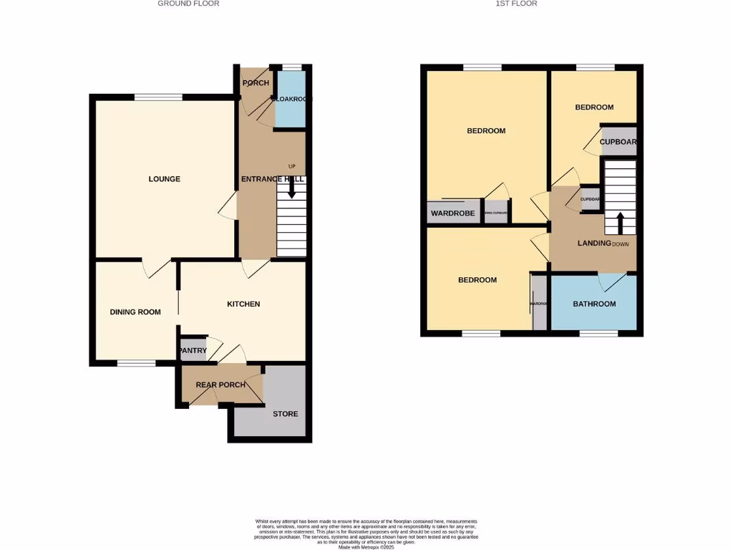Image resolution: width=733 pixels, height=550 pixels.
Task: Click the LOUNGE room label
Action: click(x=164, y=179)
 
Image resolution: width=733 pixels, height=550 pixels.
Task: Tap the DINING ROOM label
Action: click(x=135, y=312)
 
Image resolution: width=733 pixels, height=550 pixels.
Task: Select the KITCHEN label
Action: click(x=243, y=304)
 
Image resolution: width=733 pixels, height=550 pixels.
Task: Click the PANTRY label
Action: click(x=193, y=350)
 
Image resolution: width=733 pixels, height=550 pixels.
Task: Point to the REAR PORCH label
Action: click(x=220, y=385)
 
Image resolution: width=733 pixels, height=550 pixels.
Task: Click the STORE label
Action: click(x=285, y=414)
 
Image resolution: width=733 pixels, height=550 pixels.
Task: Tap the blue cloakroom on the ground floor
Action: click(x=290, y=100)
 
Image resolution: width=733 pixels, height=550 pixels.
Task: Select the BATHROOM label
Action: click(x=594, y=304)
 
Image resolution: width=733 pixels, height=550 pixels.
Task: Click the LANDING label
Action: click(x=594, y=243)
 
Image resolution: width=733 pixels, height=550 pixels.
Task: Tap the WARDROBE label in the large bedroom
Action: click(x=453, y=213)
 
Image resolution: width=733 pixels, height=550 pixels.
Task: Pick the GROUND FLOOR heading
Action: click(x=188, y=4)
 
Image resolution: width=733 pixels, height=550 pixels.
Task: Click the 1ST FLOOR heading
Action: click(x=516, y=4)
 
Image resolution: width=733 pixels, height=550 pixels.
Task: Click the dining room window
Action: click(x=137, y=363)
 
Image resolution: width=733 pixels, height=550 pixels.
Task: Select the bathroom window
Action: click(x=598, y=333)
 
